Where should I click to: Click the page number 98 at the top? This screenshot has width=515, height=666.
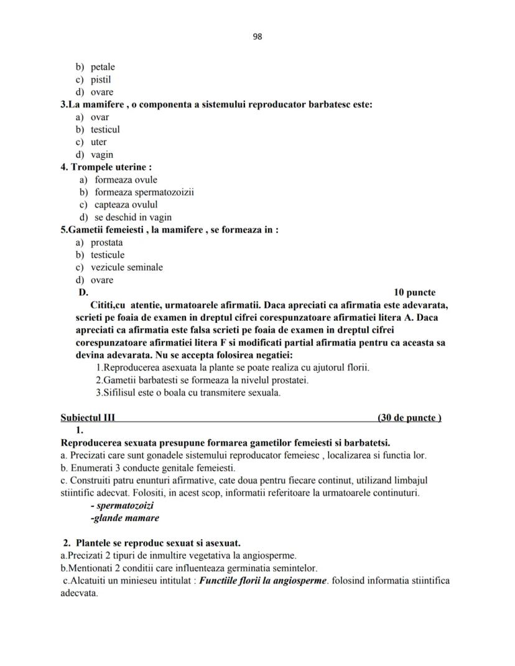(x=257, y=37)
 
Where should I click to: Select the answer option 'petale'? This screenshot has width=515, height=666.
(x=103, y=67)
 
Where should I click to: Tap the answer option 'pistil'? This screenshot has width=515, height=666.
(x=101, y=80)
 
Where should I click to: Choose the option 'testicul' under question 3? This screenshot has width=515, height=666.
(x=105, y=130)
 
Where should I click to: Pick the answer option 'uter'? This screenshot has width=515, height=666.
(x=98, y=142)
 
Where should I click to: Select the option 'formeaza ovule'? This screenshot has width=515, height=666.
(x=126, y=180)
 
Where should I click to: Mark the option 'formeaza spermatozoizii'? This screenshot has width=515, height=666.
(x=144, y=192)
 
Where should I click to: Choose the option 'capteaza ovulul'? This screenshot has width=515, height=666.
(x=126, y=205)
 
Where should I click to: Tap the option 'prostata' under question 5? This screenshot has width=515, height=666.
(x=106, y=243)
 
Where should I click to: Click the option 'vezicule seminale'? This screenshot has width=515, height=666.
(x=126, y=267)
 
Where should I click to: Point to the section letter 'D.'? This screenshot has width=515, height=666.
(x=83, y=292)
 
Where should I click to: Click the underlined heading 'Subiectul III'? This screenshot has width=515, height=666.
(x=88, y=418)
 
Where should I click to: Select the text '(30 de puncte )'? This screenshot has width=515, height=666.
(x=409, y=418)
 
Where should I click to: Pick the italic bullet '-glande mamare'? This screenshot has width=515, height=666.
(x=124, y=518)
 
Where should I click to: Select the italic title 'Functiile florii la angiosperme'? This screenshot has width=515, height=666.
(x=263, y=581)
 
